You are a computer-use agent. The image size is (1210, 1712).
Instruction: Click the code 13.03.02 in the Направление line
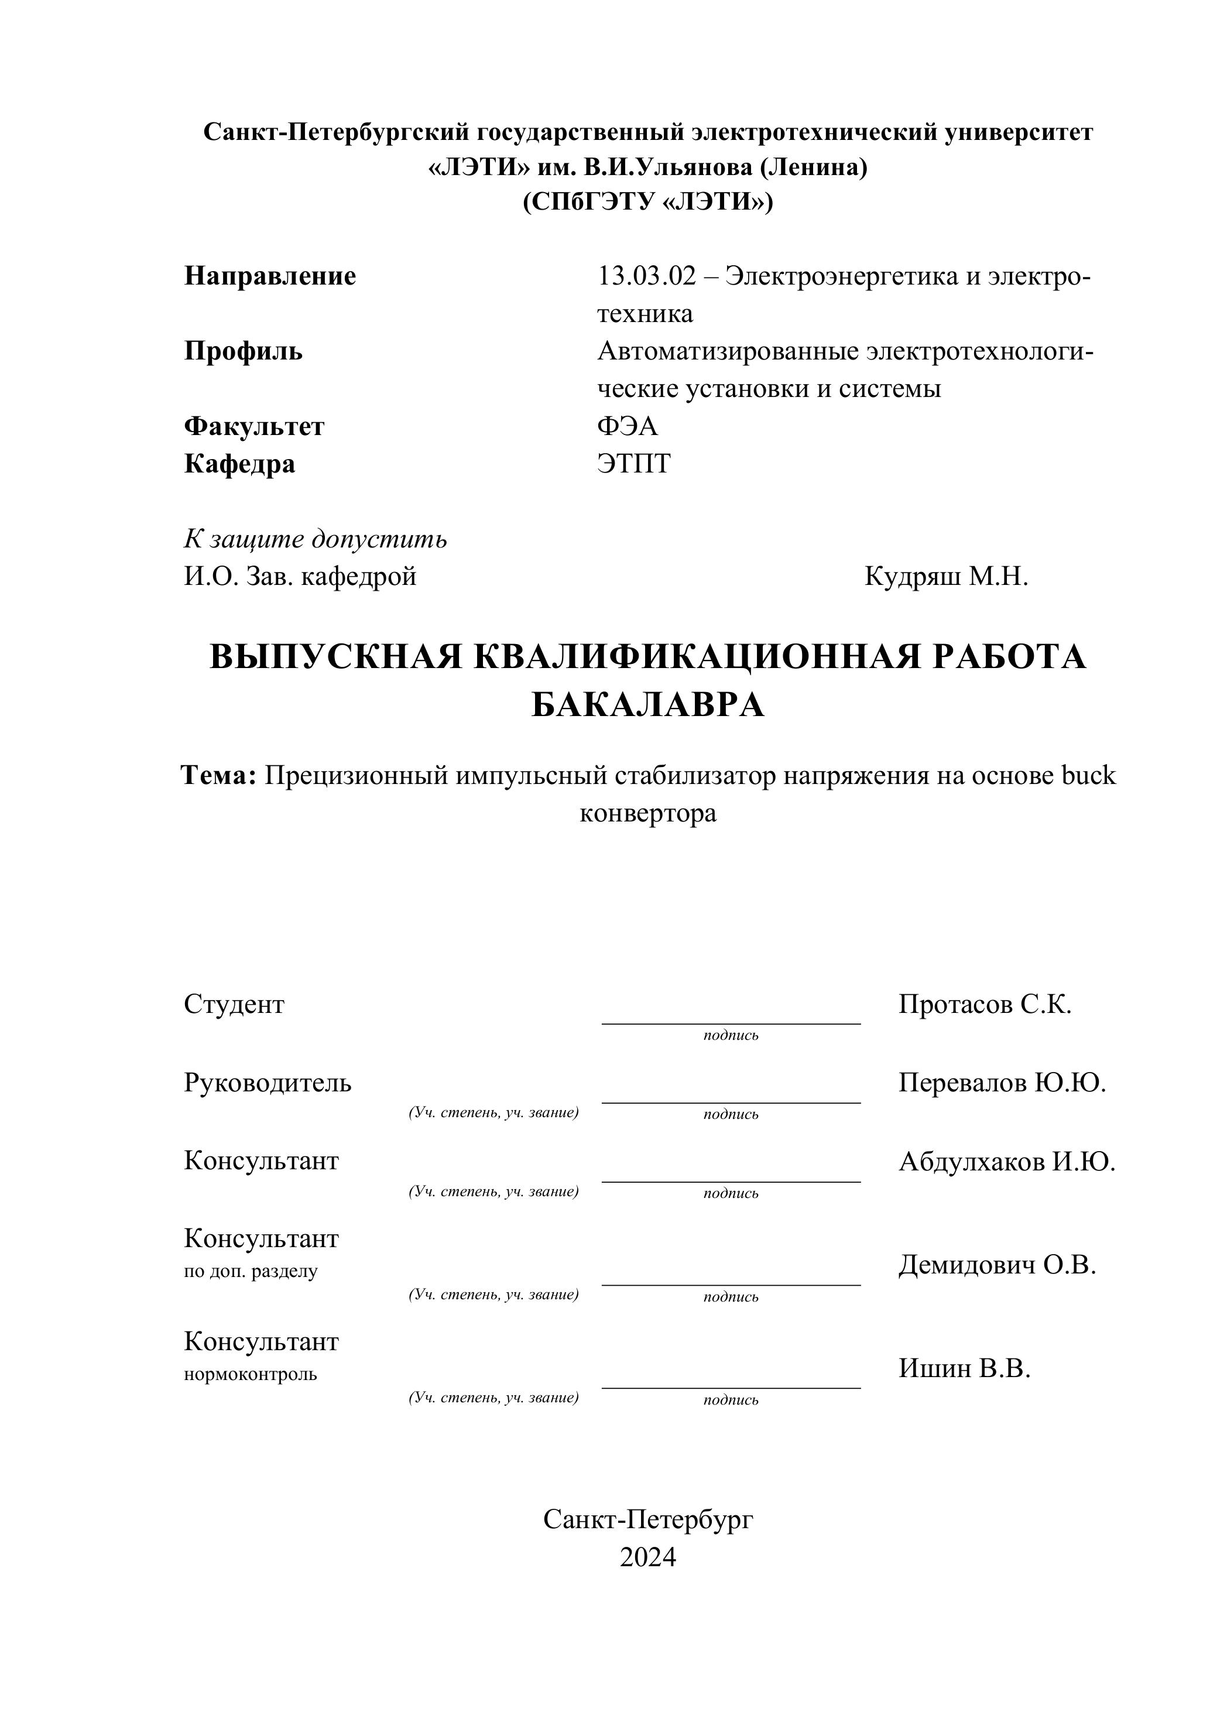[x=646, y=276]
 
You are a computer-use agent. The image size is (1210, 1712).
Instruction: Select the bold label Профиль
[x=243, y=351]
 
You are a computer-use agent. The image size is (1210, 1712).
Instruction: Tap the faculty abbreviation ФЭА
[x=627, y=426]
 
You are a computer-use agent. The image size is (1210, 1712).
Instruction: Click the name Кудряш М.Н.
[x=945, y=576]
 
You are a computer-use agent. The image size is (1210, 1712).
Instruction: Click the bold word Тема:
[x=219, y=775]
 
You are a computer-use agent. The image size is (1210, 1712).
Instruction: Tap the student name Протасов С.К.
[x=984, y=1004]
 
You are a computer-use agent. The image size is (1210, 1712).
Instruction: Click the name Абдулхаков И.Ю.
[x=1006, y=1161]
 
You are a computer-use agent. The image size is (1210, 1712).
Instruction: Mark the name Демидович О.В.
[x=997, y=1265]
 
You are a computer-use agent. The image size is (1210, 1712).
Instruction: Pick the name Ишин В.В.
[x=964, y=1368]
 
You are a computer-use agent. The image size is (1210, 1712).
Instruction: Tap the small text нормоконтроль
[x=251, y=1374]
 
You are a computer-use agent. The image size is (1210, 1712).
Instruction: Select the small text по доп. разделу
[x=251, y=1271]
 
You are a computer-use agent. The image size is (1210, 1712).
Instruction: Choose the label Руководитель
[x=267, y=1083]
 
